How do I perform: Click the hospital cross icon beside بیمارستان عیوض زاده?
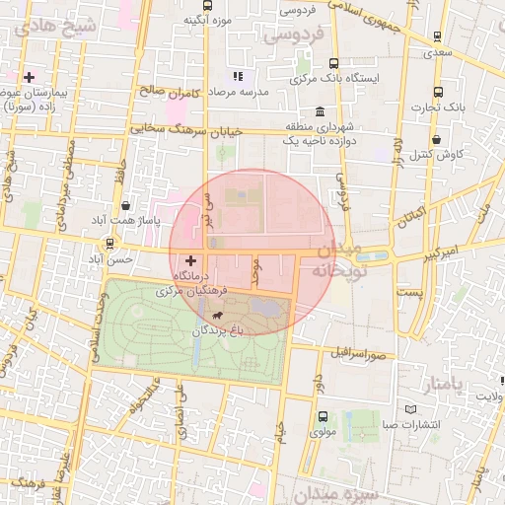pos(30,77)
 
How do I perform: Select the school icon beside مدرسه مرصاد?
pos(237,76)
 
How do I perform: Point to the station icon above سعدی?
pos(437,37)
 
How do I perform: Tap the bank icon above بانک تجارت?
pos(450,85)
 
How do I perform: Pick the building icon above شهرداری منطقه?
pos(320,112)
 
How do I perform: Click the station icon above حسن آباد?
pos(108,243)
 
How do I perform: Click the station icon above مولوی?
pos(323,416)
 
